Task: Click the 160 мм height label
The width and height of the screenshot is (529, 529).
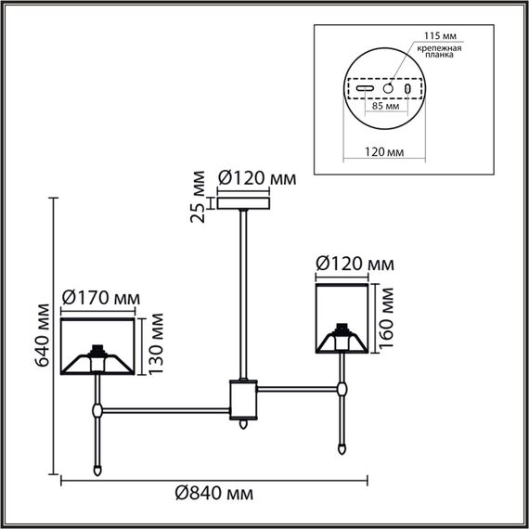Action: tap(389, 316)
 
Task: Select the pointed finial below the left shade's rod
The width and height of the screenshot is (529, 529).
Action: tap(97, 469)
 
